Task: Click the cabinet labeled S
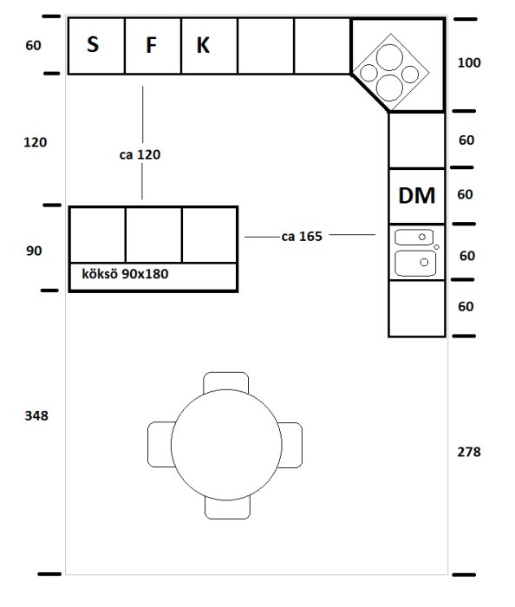coord(96,46)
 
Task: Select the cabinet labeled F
coord(153,46)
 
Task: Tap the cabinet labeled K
coord(209,46)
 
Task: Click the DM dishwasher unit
coord(417,196)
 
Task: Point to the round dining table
coord(226,445)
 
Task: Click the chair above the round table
coord(226,382)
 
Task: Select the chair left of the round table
coord(161,444)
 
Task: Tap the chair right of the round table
coord(290,445)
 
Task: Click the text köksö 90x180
coord(125,274)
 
